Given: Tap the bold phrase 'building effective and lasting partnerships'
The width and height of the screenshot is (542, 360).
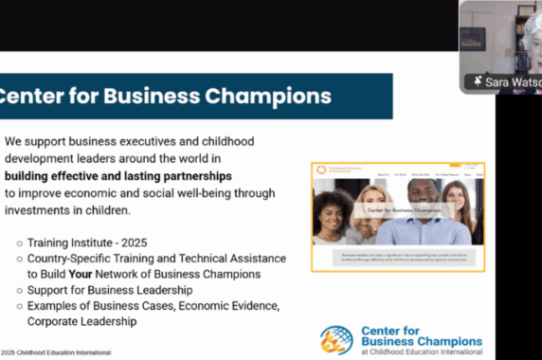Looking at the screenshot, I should (x=118, y=176).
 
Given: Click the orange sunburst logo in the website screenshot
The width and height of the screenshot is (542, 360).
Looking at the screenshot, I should (x=321, y=171).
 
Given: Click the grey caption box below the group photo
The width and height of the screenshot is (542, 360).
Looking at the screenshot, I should (x=397, y=257).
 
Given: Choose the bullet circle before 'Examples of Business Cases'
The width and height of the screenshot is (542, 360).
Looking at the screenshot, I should (x=19, y=305).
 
